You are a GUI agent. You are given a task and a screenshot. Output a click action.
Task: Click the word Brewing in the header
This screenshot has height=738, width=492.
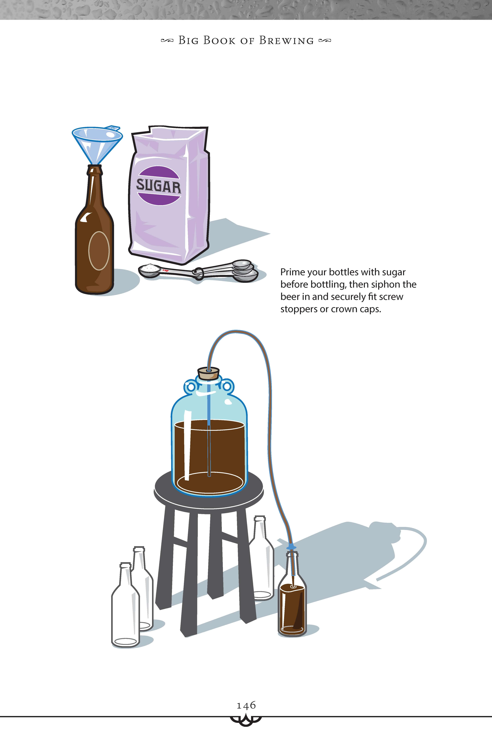(286, 41)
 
